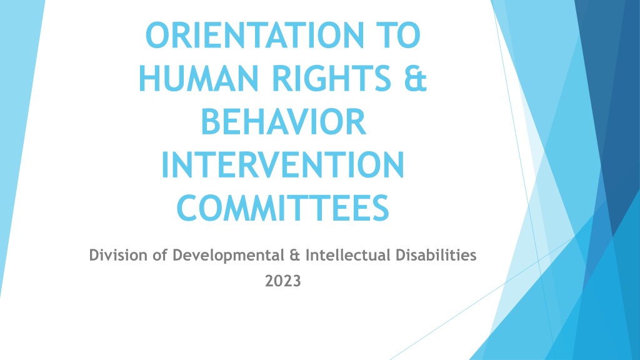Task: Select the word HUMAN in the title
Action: (x=199, y=78)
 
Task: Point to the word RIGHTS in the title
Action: (x=332, y=78)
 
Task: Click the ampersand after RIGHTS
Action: (x=416, y=78)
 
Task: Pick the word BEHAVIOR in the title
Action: (x=283, y=122)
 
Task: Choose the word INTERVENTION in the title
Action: (x=283, y=165)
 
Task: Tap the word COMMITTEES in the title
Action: (x=283, y=208)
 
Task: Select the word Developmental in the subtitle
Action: (x=228, y=256)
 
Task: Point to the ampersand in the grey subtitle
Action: (x=295, y=255)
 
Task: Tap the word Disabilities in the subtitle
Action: (x=436, y=255)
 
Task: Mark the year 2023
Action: (x=283, y=281)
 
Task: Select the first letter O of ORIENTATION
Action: (x=157, y=36)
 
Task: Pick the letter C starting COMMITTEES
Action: (x=187, y=208)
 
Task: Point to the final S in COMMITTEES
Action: (x=381, y=208)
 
